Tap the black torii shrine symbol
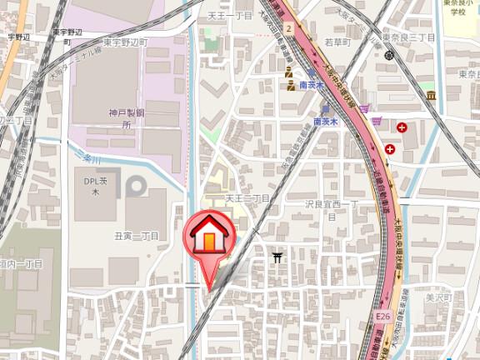coord(277,257)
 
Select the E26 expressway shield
coord(382,317)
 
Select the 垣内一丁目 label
coord(20,263)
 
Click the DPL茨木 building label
coord(95,185)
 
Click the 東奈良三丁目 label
coord(409,38)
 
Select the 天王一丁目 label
coord(229,16)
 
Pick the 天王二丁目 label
coord(247,199)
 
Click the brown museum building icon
coord(432,95)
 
